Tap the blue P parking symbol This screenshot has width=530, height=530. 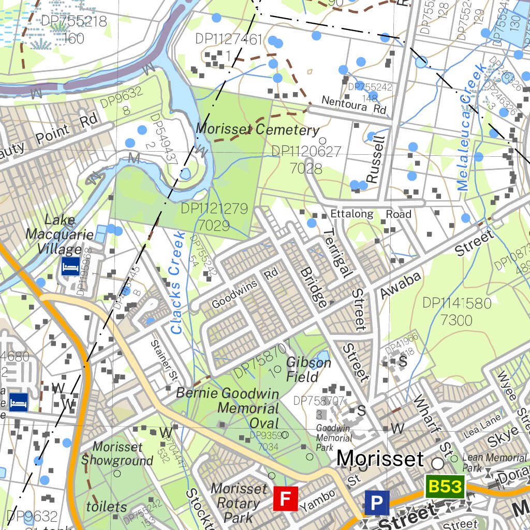(x=377, y=502)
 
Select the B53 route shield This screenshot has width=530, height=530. (x=445, y=487)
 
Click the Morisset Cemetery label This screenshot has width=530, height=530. (x=257, y=129)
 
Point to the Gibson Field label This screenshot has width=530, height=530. (x=308, y=369)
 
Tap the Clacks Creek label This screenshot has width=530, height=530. (x=178, y=283)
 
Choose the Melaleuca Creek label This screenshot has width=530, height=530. (x=472, y=128)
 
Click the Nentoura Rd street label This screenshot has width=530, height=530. (x=354, y=105)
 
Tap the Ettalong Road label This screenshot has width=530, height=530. (x=371, y=214)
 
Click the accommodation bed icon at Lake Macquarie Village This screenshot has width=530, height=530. (x=70, y=267)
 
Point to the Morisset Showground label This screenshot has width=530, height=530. (x=117, y=453)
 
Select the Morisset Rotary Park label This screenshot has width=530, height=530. (x=239, y=502)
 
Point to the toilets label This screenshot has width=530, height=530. (x=106, y=506)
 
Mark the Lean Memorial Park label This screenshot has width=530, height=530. (x=494, y=462)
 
